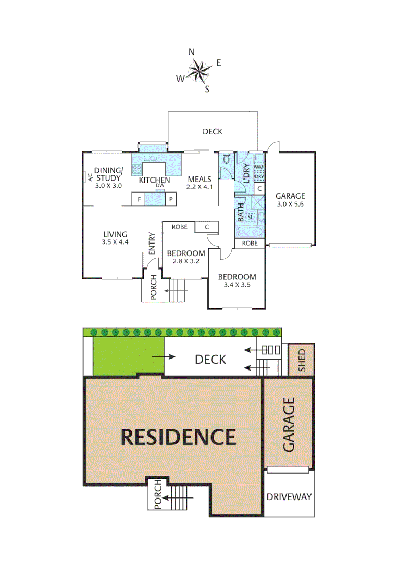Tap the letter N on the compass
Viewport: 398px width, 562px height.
click(x=192, y=52)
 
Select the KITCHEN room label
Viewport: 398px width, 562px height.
click(x=155, y=180)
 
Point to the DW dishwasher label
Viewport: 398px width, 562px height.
click(x=160, y=186)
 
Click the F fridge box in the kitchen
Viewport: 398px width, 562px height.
click(x=139, y=199)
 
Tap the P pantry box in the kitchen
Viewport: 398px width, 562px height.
click(x=171, y=199)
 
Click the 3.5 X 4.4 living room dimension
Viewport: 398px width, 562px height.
click(x=115, y=242)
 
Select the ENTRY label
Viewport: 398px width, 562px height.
click(x=152, y=243)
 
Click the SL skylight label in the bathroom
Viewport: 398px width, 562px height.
click(x=251, y=216)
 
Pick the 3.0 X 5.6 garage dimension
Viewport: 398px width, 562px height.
click(x=290, y=204)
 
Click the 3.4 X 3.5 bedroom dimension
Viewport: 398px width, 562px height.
click(x=237, y=285)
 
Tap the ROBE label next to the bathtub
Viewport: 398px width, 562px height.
click(x=250, y=243)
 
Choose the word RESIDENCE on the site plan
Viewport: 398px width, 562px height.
click(x=178, y=437)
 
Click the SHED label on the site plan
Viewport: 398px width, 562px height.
click(x=302, y=359)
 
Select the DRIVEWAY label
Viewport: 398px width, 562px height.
click(x=289, y=497)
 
